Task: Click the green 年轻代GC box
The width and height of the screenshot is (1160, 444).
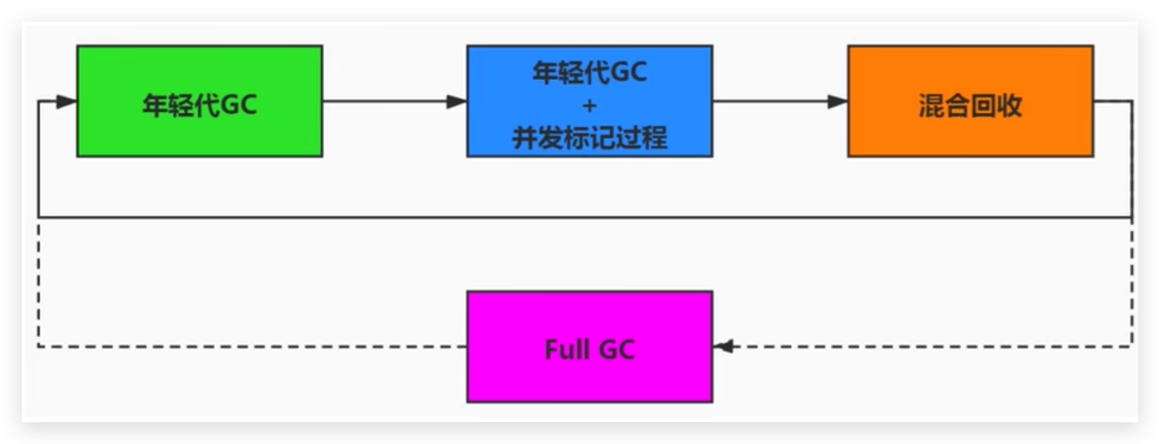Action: coord(199,136)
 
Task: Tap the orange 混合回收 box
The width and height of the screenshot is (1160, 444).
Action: coord(970,136)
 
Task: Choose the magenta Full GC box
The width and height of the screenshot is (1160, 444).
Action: coord(589,381)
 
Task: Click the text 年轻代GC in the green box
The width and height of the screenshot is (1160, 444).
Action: coord(199,105)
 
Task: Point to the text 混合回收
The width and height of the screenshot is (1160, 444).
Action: coord(970,105)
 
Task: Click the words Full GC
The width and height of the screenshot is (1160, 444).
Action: coord(589,349)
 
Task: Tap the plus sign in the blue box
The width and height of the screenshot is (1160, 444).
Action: coord(589,106)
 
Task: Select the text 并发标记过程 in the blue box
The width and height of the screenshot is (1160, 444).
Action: coord(589,138)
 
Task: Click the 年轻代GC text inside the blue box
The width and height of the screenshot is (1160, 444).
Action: coord(589,72)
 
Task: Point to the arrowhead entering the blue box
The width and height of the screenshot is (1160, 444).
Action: coord(456,101)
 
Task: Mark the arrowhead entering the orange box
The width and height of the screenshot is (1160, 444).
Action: coord(837,101)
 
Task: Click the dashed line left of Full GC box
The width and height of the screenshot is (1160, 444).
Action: coord(250,346)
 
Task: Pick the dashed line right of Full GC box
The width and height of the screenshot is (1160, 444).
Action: coord(925,346)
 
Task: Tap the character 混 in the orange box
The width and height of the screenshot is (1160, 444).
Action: coord(931,105)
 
